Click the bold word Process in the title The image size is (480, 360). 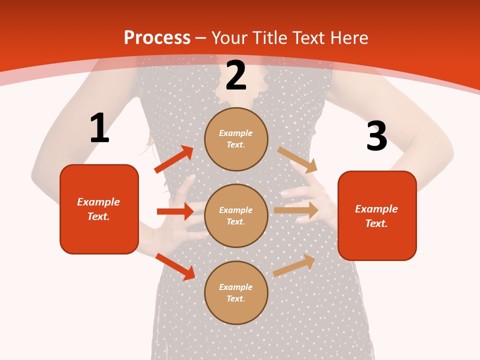point(157,38)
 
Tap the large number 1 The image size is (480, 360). point(99,128)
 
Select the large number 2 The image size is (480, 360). point(236,76)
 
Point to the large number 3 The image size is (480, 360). point(376,136)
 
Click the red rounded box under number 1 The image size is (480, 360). point(99,209)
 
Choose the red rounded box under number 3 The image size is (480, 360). point(377,215)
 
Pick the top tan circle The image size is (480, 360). point(236,139)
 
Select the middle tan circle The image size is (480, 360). point(236,215)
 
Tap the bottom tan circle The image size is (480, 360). point(236,292)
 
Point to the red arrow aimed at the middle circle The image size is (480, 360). point(175,211)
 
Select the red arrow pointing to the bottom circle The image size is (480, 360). point(175,266)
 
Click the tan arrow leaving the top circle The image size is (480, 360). point(297,160)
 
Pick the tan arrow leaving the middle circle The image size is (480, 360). point(296,210)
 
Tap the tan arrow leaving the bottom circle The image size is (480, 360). point(294,265)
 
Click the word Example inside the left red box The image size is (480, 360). point(98,202)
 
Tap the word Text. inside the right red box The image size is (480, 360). point(376,223)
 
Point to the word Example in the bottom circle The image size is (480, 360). point(236,287)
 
